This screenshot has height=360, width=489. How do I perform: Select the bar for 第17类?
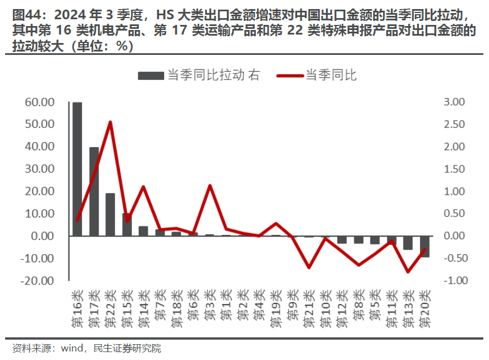pos(94,191)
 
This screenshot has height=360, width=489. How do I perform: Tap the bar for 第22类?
pos(110,215)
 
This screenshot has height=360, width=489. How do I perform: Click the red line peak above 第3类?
pos(210,186)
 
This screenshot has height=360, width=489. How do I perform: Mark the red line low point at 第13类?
pos(407,272)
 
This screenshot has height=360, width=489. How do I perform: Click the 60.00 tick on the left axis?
pos(39,102)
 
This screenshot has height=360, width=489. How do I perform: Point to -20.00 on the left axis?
pos(38,281)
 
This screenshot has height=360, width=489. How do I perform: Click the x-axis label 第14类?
pos(143,309)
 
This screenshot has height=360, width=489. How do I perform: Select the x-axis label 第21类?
pos(308,309)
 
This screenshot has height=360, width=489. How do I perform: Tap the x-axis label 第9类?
pos(292,306)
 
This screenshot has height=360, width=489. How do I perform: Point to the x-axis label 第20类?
pos(424,309)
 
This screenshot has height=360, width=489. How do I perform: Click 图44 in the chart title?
pos(26,13)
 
